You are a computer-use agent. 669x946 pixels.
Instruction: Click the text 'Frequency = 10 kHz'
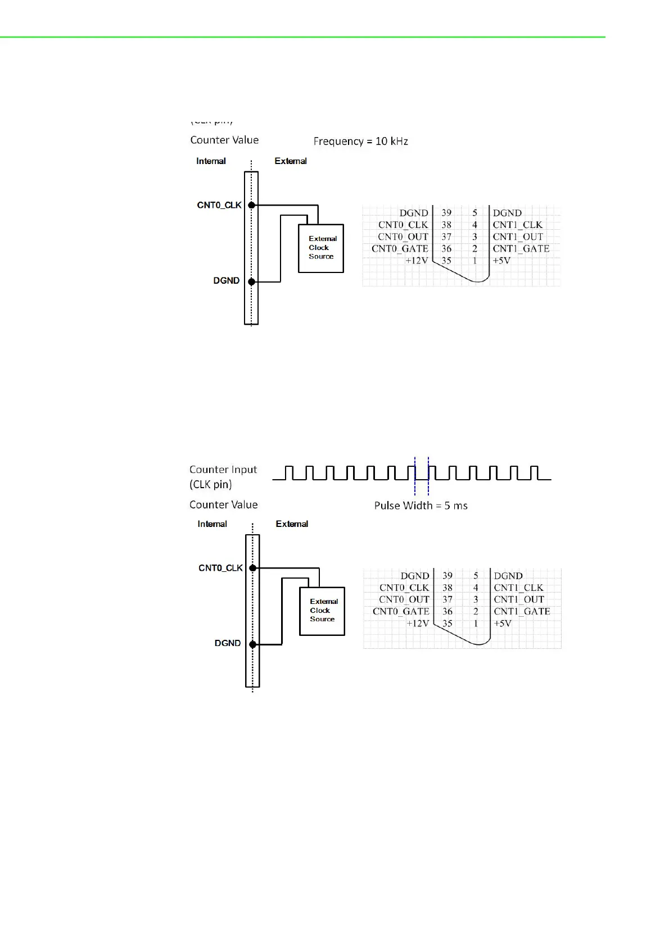(360, 141)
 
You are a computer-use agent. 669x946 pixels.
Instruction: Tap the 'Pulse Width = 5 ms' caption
(421, 506)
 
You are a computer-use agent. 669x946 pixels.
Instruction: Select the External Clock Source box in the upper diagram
(320, 248)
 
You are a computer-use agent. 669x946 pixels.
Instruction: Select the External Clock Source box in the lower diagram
(322, 611)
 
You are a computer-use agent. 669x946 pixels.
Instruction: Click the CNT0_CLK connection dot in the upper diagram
(252, 205)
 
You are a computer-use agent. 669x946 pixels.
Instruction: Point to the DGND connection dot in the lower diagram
(253, 644)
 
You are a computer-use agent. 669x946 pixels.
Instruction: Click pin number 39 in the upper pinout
(446, 213)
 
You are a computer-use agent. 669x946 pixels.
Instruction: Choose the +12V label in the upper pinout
(417, 261)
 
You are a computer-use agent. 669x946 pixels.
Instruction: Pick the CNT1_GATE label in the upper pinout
(521, 248)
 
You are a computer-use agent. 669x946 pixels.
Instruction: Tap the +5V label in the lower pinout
(503, 624)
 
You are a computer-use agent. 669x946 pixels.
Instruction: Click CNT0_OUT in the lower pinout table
(404, 599)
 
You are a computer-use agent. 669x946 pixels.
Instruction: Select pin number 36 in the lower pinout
(447, 612)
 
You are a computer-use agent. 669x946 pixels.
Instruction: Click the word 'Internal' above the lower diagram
(212, 524)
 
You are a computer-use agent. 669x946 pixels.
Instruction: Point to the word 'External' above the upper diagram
(291, 161)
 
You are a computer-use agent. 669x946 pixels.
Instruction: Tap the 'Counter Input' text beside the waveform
(223, 470)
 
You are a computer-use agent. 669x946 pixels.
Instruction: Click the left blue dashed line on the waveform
(415, 475)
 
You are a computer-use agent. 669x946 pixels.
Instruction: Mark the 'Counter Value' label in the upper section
(224, 140)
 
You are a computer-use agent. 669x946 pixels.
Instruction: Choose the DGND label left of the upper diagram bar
(226, 281)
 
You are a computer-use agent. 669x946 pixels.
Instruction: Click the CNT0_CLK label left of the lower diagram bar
(220, 568)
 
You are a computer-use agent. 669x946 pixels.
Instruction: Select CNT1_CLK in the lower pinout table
(518, 588)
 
